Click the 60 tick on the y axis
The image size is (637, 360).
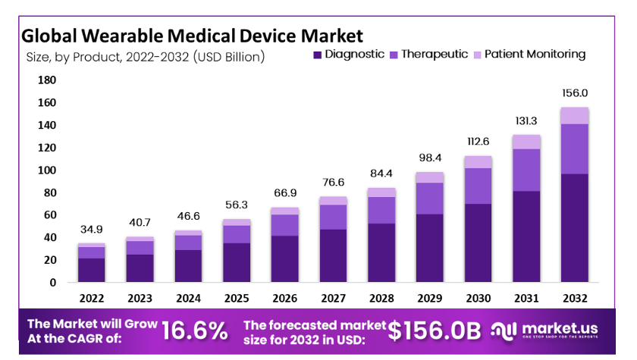click(x=49, y=215)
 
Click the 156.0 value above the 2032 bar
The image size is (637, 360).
click(x=573, y=93)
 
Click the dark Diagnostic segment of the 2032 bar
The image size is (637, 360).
click(x=574, y=227)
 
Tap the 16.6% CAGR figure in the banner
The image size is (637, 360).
click(x=195, y=330)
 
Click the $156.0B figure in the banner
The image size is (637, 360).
click(x=435, y=330)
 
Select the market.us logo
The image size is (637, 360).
click(x=544, y=330)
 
